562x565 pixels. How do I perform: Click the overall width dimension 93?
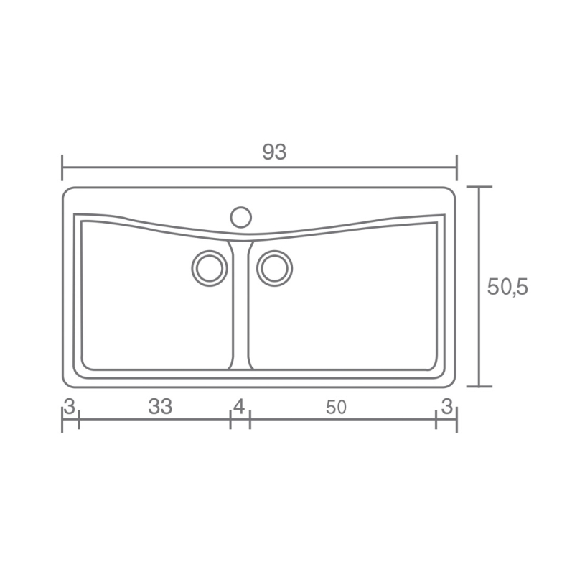pos(274,152)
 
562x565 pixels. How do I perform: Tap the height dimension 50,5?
pos(507,288)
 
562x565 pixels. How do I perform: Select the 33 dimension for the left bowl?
pos(161,406)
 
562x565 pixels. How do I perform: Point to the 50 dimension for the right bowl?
pos(336,407)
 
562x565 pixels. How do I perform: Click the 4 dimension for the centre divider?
pos(239,407)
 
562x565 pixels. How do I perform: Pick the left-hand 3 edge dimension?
pos(70,407)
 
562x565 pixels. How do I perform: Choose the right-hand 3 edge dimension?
pos(447,407)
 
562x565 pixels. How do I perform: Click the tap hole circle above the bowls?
pos(240,217)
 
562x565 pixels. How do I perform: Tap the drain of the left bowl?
pos(210,268)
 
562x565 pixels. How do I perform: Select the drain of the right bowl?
pos(274,268)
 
